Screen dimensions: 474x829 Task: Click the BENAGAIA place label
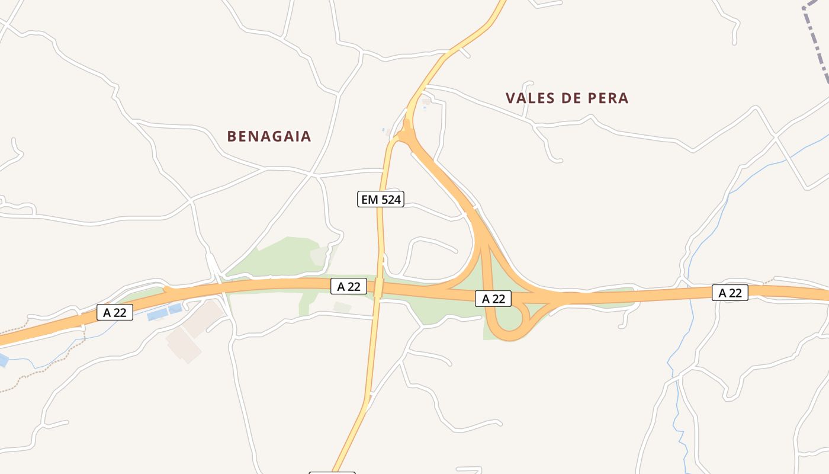[269, 136]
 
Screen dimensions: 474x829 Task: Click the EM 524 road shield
[381, 199]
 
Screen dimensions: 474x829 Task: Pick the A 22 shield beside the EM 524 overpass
[349, 287]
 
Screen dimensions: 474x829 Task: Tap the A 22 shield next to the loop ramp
[493, 299]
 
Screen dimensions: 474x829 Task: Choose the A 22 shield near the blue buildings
[115, 312]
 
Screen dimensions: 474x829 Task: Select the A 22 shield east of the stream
[730, 293]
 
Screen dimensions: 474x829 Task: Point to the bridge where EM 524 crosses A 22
[378, 289]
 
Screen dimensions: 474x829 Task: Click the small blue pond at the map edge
[3, 360]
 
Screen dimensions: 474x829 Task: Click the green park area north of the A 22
[284, 255]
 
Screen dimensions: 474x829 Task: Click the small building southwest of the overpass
[342, 307]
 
